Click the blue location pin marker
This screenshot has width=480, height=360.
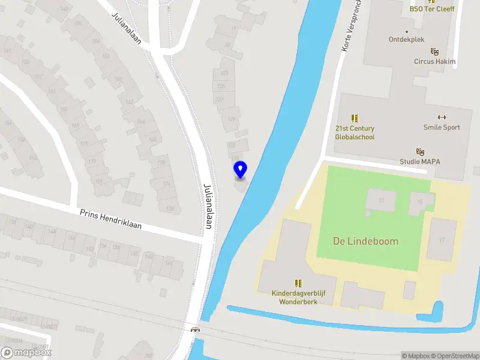[x=240, y=170]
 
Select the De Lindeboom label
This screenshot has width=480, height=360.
[x=365, y=241]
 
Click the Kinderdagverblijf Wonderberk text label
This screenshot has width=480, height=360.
[x=298, y=297]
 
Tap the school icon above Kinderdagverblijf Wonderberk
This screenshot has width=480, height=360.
[x=298, y=283]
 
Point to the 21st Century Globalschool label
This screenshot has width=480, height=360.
[x=355, y=133]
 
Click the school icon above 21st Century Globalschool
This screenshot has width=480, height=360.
[x=355, y=118]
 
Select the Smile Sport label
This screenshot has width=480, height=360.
[x=442, y=127]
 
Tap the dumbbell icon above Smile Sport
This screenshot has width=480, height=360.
[x=442, y=117]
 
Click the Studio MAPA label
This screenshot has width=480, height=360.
[x=420, y=161]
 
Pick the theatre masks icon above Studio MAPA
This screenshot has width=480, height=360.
[x=420, y=151]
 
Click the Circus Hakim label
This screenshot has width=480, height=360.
[x=434, y=61]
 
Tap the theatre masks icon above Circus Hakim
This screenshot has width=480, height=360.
[x=434, y=52]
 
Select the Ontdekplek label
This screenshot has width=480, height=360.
[x=407, y=40]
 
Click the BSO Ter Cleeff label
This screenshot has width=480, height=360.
[x=432, y=8]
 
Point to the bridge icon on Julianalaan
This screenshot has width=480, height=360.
[x=195, y=329]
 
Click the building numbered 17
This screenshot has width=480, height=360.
[x=442, y=241]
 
